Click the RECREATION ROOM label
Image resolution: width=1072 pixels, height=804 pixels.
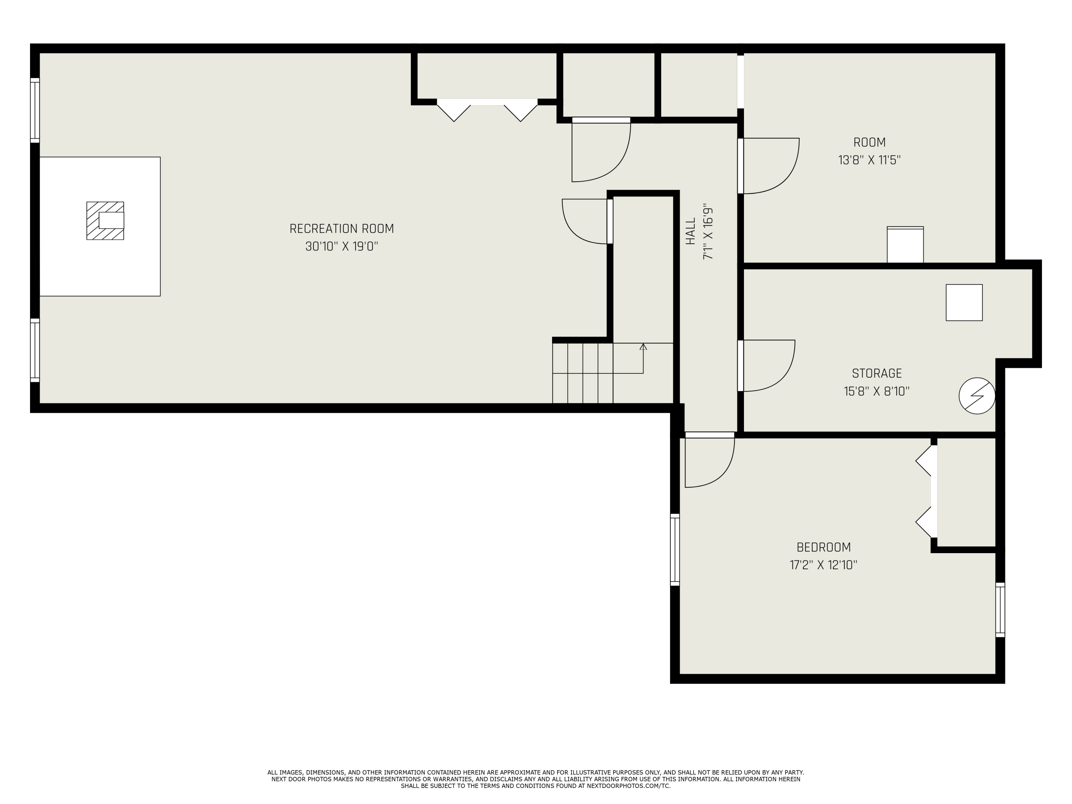click(x=342, y=229)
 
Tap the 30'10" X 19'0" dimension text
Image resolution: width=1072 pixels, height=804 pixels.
click(x=342, y=247)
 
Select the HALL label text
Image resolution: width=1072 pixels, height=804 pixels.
click(x=691, y=231)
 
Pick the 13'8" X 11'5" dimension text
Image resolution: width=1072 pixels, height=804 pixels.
click(x=869, y=160)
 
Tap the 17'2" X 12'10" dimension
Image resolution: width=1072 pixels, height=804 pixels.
click(x=823, y=565)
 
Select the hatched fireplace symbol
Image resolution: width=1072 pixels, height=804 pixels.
click(x=105, y=220)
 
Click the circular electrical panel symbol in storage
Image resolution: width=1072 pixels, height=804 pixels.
click(x=977, y=396)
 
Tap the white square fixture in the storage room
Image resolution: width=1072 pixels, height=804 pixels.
click(x=964, y=302)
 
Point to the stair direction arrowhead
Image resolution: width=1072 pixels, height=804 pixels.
click(x=643, y=347)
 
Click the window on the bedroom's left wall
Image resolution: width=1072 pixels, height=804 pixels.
click(x=675, y=550)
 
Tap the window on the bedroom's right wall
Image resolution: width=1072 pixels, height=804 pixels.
click(x=1000, y=610)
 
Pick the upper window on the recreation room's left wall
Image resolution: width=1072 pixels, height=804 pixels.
click(x=35, y=110)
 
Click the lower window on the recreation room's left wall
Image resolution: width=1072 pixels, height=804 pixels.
click(x=35, y=351)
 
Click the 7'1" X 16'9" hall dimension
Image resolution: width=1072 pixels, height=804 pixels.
click(x=708, y=231)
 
